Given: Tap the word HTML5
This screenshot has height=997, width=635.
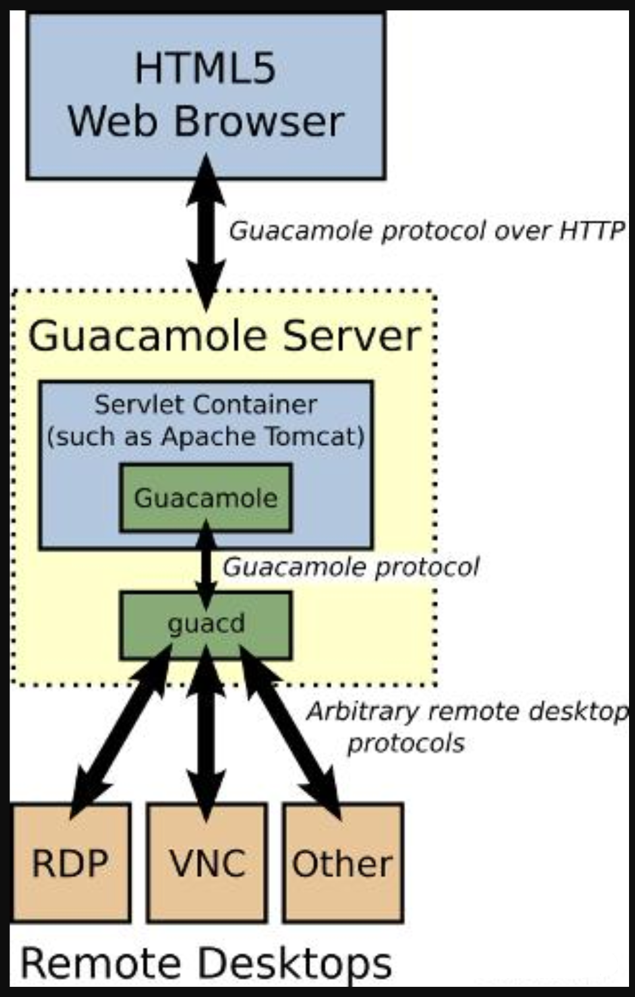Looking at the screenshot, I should pos(205,68).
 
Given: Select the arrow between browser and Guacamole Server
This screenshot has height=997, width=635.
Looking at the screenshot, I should pos(206,233).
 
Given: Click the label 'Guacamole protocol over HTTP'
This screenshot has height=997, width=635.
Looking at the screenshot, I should pos(426,231).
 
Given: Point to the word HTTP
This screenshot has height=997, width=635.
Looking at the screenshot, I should pos(591,231).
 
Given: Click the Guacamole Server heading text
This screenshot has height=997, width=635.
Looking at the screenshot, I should pos(224,336).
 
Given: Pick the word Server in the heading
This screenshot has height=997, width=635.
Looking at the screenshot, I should pos(352,336).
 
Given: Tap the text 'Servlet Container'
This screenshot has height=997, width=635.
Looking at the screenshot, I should pos(206,405).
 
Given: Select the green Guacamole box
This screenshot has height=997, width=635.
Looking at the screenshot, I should pos(206,498).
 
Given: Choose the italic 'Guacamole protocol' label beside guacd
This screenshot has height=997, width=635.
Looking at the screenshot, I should pos(350,567).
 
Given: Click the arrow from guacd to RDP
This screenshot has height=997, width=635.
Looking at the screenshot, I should pos(119,733).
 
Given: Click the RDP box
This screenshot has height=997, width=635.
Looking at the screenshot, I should pos(70,863).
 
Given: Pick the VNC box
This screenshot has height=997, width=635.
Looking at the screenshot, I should pos(206,863).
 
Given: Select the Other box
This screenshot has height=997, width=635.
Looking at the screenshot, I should pos(343,863).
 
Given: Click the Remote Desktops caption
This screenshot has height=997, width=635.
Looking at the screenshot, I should pos(206,963).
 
